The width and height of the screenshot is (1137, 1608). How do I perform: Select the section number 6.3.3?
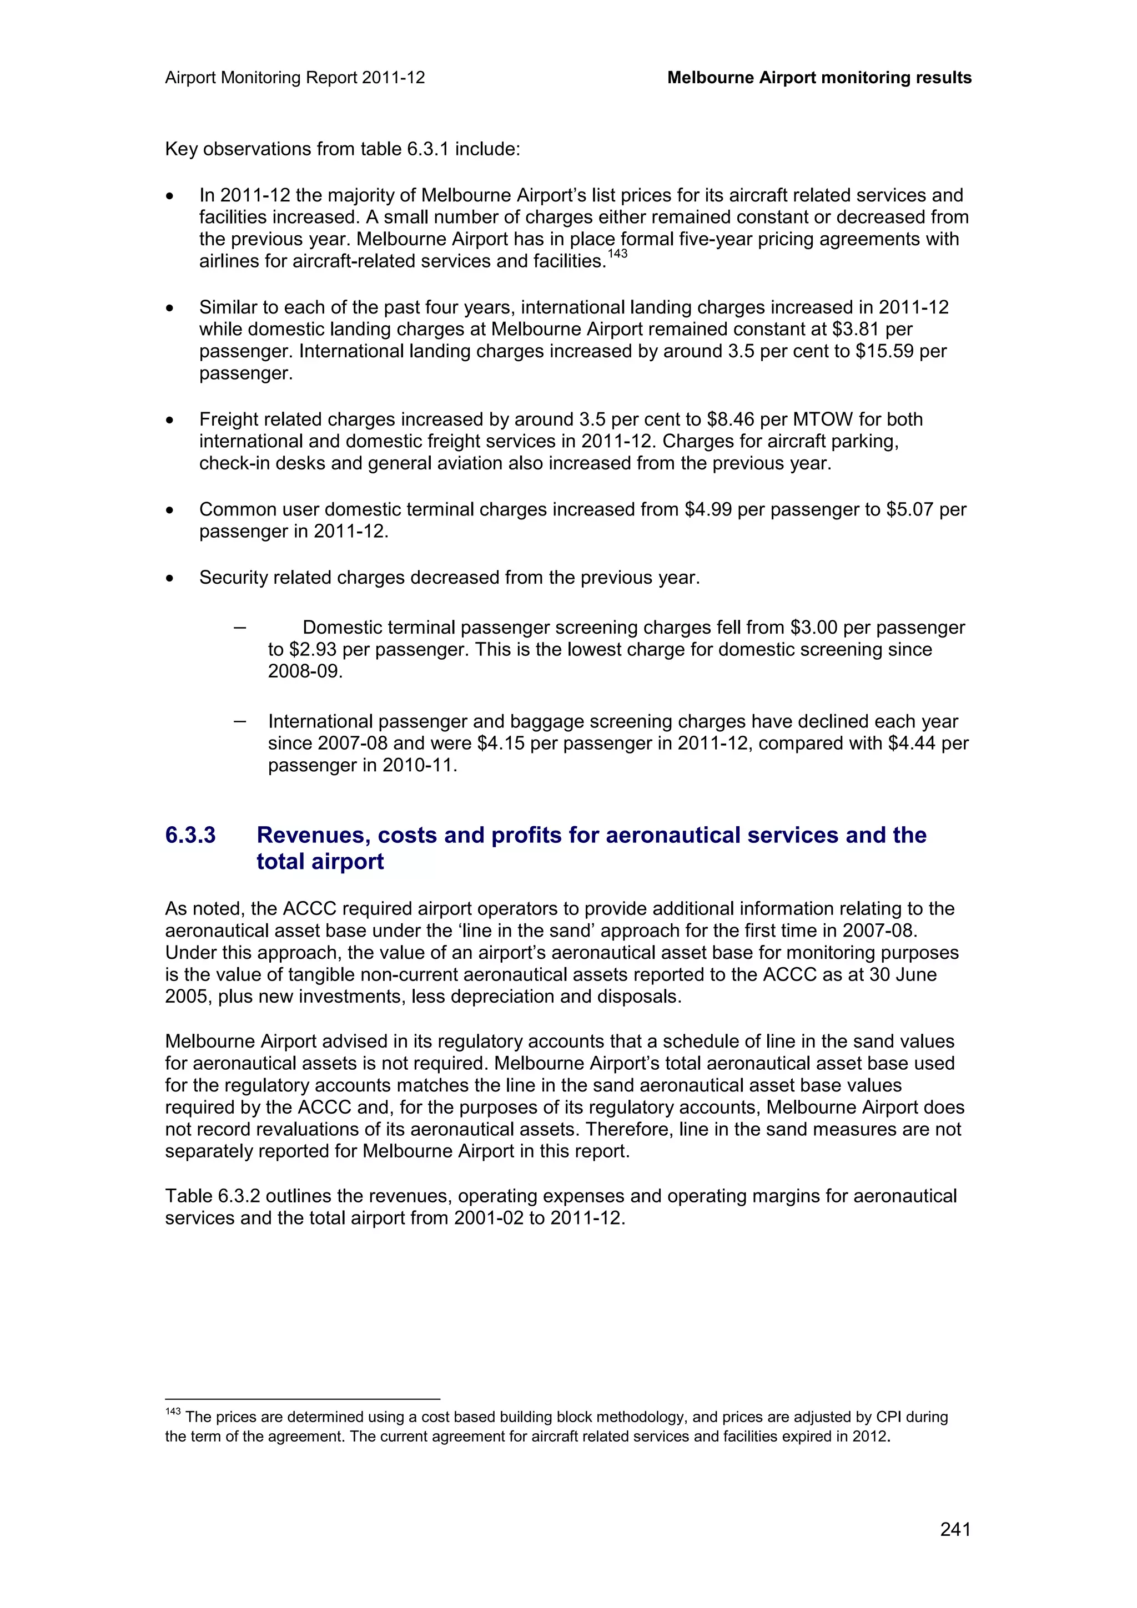pyautogui.click(x=190, y=835)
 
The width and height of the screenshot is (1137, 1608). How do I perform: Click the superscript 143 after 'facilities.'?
pyautogui.click(x=617, y=254)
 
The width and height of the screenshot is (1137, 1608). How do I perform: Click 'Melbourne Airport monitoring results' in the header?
pyautogui.click(x=819, y=78)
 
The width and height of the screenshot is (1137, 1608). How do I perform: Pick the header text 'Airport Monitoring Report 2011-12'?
pyautogui.click(x=295, y=78)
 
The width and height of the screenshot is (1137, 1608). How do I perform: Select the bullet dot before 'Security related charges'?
pyautogui.click(x=169, y=579)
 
